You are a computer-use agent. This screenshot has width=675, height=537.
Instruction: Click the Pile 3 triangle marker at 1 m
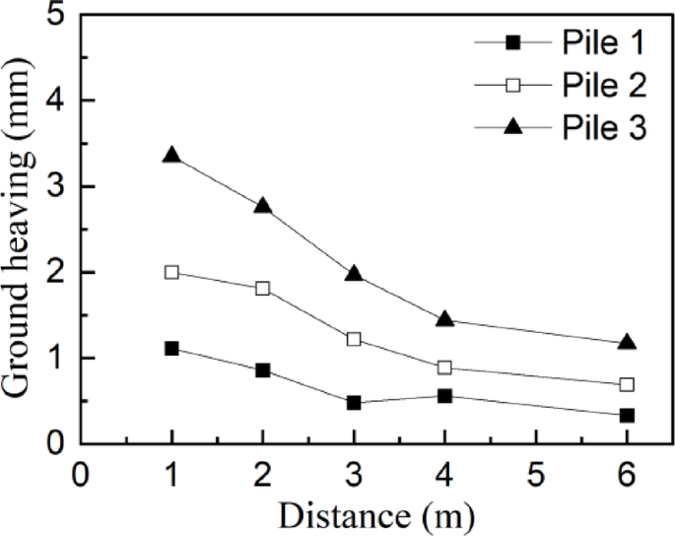coord(171,156)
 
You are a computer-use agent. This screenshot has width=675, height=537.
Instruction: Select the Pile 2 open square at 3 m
coord(354,339)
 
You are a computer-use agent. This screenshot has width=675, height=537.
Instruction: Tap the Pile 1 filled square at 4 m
coord(444,396)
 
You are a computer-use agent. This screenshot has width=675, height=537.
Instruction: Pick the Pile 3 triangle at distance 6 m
coord(627,343)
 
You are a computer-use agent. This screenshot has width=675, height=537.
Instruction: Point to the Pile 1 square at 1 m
coord(171,348)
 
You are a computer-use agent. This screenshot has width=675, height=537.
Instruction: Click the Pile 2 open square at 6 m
coord(627,384)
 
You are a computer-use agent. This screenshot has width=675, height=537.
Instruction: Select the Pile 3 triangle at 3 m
coord(354,274)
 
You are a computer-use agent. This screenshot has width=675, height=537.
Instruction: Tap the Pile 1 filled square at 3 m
coord(354,403)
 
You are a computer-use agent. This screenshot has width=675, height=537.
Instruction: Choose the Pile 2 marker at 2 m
coord(262,288)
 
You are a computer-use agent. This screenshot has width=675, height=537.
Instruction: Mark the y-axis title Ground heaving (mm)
coord(19,232)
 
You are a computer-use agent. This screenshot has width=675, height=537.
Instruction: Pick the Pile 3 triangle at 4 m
coord(444,319)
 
